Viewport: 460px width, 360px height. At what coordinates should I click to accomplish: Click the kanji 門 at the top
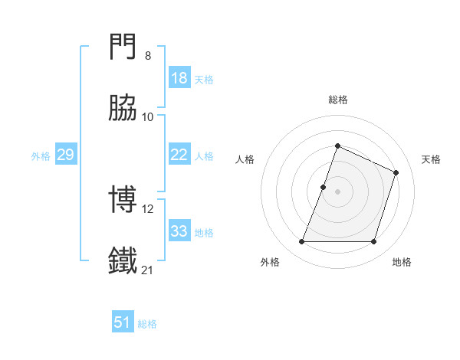(x=124, y=50)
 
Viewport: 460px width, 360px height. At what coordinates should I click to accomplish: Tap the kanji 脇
(x=124, y=110)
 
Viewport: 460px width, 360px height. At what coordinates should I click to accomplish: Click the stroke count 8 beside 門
(x=147, y=56)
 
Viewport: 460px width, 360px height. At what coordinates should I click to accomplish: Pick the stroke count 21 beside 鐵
(x=148, y=269)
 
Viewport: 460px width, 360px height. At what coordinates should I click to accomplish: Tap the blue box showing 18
(x=179, y=78)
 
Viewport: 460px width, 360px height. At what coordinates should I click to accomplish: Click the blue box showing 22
(x=179, y=155)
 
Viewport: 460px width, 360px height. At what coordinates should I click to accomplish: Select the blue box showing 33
(x=179, y=231)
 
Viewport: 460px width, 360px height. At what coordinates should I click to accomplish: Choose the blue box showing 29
(x=65, y=155)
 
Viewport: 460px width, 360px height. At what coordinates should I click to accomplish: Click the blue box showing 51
(x=123, y=322)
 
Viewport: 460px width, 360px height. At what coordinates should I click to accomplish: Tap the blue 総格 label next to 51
(x=147, y=324)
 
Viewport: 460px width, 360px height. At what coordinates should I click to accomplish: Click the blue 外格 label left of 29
(x=41, y=156)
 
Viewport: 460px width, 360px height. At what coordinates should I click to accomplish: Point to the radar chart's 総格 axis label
(x=337, y=100)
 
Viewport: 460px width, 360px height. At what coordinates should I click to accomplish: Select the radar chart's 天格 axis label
(x=431, y=159)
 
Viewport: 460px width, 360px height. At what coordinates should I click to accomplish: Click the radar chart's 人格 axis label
(x=245, y=159)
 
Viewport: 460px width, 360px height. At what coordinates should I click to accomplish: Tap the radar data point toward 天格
(x=396, y=172)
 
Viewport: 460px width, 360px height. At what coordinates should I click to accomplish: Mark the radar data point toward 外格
(x=301, y=242)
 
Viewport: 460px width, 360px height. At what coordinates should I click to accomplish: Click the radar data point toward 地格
(x=374, y=242)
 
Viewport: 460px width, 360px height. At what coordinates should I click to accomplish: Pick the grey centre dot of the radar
(x=337, y=191)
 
